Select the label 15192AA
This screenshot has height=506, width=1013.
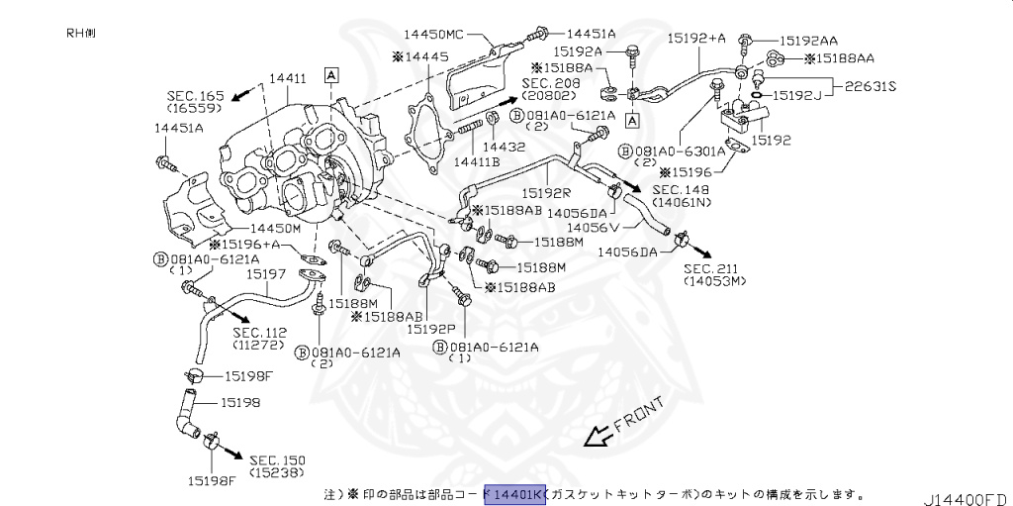tap(807, 41)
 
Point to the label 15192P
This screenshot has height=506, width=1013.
tap(431, 328)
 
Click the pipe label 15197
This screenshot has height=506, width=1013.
tap(266, 272)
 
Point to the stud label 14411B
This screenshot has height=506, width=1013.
tap(477, 160)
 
